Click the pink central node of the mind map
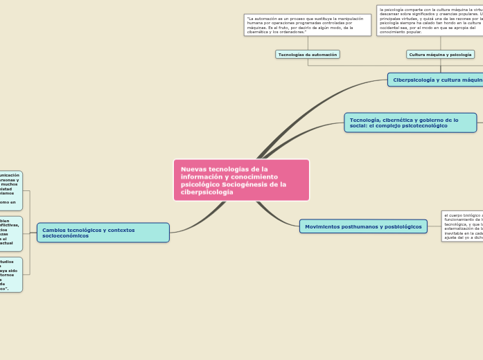(x=241, y=180)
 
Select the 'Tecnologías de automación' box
(x=308, y=54)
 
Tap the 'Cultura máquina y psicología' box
(x=440, y=54)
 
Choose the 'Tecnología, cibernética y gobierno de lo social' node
(x=410, y=123)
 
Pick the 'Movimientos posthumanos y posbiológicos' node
(x=363, y=226)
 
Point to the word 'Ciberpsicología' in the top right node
(x=414, y=80)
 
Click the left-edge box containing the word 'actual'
(x=10, y=233)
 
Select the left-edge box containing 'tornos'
(x=10, y=275)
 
